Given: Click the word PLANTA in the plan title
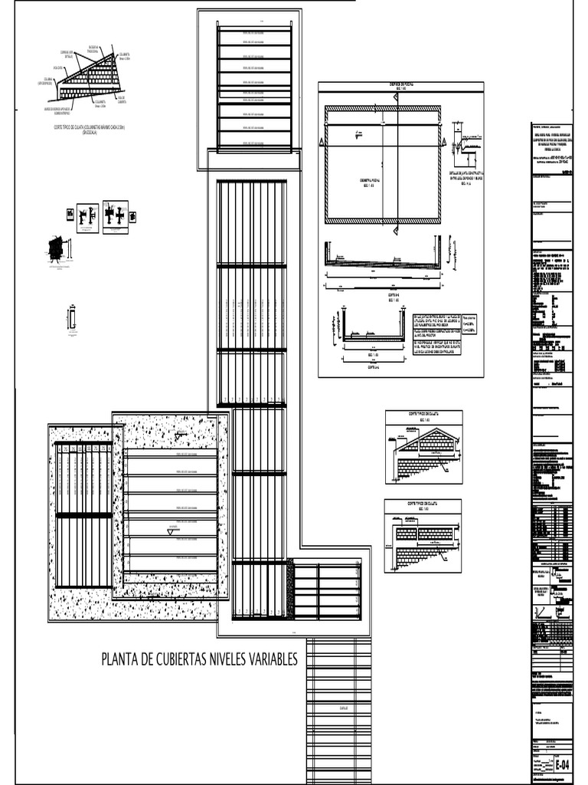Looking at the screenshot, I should [119, 661].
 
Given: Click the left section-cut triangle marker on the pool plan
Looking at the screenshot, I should [323, 143].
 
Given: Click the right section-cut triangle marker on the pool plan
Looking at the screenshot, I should [443, 143].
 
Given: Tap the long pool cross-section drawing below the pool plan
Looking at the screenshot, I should [383, 264].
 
